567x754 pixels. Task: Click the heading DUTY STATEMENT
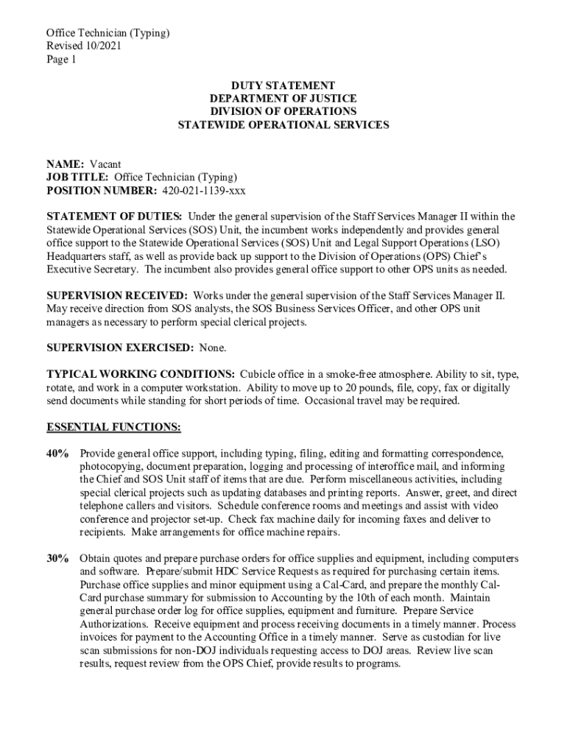pyautogui.click(x=283, y=85)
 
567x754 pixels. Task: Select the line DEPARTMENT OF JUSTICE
pyautogui.click(x=283, y=99)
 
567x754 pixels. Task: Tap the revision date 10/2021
pyautogui.click(x=104, y=46)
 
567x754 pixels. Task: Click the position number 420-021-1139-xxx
pyautogui.click(x=203, y=191)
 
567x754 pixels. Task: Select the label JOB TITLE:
pyautogui.click(x=78, y=177)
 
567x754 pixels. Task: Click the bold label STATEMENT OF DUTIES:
pyautogui.click(x=114, y=216)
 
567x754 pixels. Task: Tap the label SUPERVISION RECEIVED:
pyautogui.click(x=117, y=295)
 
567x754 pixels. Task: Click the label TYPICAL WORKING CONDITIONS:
pyautogui.click(x=141, y=374)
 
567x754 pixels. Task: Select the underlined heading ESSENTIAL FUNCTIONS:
pyautogui.click(x=113, y=427)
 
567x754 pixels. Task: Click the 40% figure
pyautogui.click(x=58, y=453)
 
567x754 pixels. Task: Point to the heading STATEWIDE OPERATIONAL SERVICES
pyautogui.click(x=283, y=125)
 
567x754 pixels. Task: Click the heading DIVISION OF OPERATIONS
pyautogui.click(x=283, y=112)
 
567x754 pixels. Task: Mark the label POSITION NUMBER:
pyautogui.click(x=102, y=191)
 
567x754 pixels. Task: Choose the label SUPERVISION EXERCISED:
pyautogui.click(x=120, y=348)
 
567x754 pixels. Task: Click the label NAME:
pyautogui.click(x=66, y=164)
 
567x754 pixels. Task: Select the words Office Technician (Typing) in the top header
pyautogui.click(x=108, y=32)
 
